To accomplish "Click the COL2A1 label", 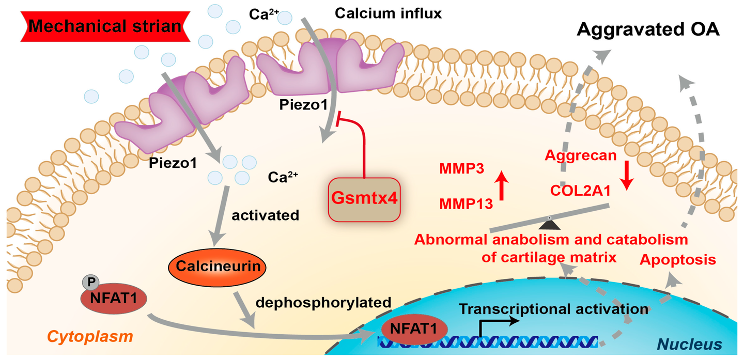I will coord(579,191).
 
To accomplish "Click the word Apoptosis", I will coord(678,260).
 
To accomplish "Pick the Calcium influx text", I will coord(388,13).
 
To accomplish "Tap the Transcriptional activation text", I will coord(553,309).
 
